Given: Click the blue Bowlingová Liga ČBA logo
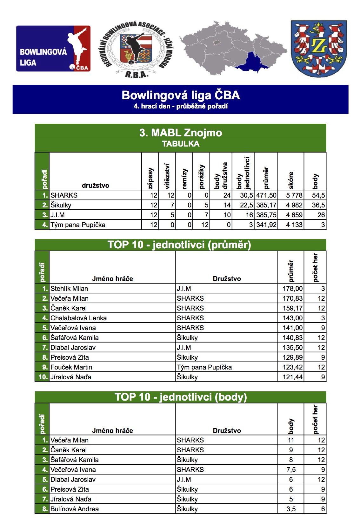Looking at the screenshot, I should [x=53, y=49].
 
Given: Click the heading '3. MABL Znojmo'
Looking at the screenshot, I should [x=180, y=133].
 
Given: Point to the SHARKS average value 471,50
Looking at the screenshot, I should [x=266, y=195].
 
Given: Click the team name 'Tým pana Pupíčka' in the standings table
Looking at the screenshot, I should [x=78, y=225].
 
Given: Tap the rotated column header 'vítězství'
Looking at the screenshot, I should [x=167, y=176].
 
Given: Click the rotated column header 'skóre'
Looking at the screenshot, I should [x=291, y=180].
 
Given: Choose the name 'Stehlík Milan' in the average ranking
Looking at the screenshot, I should [x=69, y=289].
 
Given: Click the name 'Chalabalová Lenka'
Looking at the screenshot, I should [x=78, y=318].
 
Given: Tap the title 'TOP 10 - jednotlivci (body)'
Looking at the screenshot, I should [x=181, y=397].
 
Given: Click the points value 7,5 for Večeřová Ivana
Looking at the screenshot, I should [x=291, y=470].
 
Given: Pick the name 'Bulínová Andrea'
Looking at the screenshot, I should [x=75, y=509].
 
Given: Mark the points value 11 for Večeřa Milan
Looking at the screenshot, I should [x=291, y=440].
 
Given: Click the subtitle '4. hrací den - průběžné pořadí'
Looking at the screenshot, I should [x=180, y=106].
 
